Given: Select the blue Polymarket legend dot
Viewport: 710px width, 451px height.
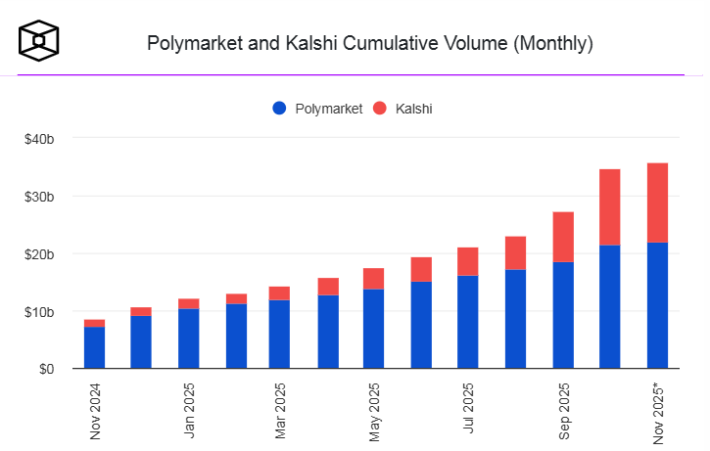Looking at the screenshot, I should click(x=280, y=109).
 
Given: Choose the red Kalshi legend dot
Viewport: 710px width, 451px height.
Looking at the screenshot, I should click(x=381, y=109).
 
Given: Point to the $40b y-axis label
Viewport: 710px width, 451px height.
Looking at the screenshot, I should click(x=39, y=139).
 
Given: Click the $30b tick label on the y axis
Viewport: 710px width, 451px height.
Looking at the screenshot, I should click(x=39, y=197).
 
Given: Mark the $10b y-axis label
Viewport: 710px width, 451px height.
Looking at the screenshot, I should click(x=39, y=312).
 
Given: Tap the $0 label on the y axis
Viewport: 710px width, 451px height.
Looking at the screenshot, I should click(x=46, y=370).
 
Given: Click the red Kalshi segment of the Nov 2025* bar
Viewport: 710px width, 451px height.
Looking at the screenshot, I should click(x=657, y=203).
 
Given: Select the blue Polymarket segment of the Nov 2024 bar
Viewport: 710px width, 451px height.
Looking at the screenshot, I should click(x=94, y=347).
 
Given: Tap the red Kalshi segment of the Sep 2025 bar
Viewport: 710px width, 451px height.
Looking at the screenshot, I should click(x=563, y=237).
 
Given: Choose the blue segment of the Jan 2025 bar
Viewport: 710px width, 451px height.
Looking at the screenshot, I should click(x=188, y=338).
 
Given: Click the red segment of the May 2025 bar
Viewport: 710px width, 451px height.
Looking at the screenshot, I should click(x=373, y=279).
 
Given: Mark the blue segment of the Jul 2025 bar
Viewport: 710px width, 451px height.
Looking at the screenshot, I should click(x=468, y=322).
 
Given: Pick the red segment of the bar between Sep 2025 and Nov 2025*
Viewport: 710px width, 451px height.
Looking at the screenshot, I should click(x=610, y=207).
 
